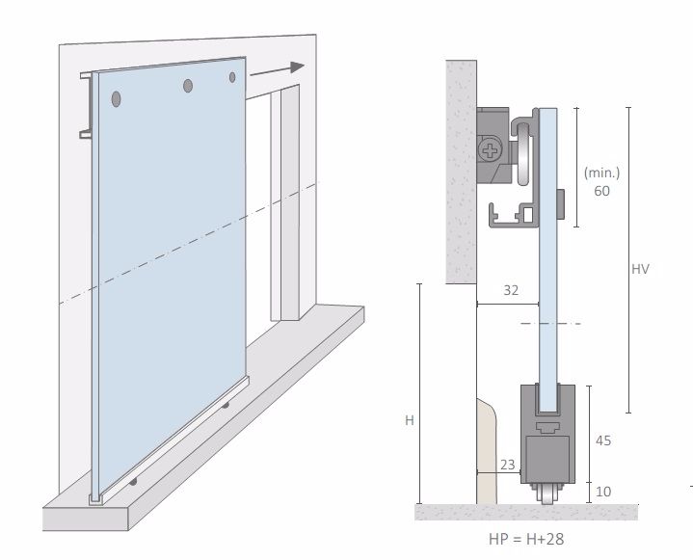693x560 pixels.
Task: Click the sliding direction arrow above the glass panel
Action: coord(278,70)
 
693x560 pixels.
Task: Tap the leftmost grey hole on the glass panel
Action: coord(117,99)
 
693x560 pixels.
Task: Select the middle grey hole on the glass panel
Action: coord(188,86)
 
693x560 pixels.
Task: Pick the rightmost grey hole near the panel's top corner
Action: coord(232,77)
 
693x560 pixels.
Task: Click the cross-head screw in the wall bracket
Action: coord(490,150)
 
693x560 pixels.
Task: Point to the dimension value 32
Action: coord(511,290)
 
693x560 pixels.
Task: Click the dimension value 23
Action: coord(508,465)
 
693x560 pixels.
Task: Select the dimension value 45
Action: coord(603,440)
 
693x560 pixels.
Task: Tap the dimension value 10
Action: coord(603,492)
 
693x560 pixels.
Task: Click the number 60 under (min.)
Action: coord(602,191)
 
